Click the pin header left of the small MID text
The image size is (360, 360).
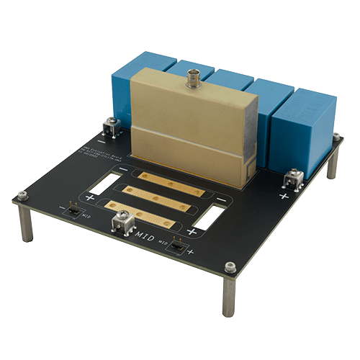point(74,211)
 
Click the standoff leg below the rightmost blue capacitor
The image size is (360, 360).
point(331,165)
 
